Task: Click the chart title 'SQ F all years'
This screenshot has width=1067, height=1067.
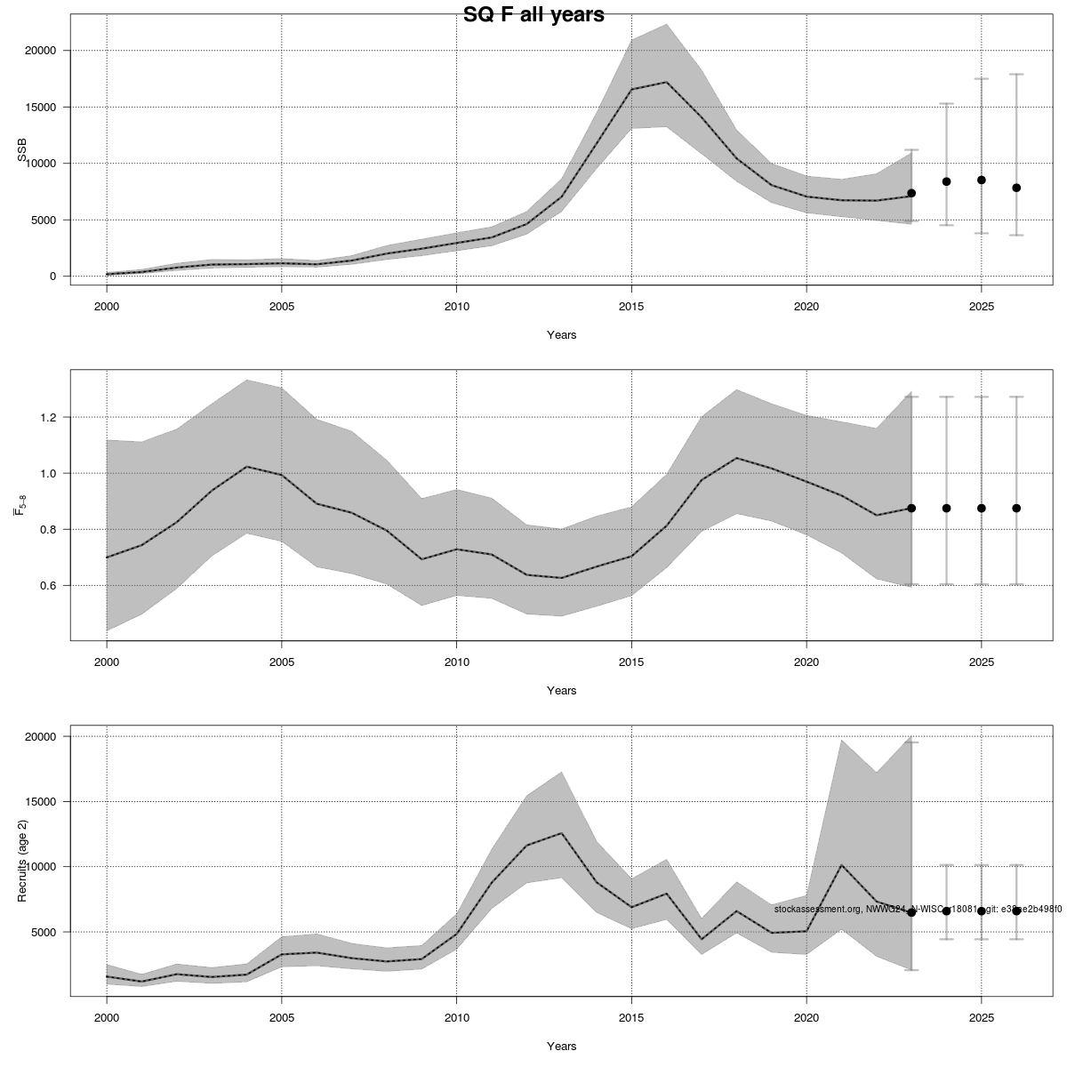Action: (x=533, y=14)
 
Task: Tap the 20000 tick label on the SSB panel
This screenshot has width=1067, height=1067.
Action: (x=41, y=52)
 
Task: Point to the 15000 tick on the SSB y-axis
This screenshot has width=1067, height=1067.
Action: (x=41, y=108)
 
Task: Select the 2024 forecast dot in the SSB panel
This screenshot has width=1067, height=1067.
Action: (x=946, y=181)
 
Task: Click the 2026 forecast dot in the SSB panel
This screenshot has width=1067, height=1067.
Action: (x=1016, y=188)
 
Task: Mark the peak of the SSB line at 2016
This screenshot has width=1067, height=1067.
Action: (x=666, y=83)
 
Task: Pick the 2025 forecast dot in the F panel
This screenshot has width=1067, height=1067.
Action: (x=982, y=508)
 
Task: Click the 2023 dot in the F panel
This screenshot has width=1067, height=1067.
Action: (x=911, y=508)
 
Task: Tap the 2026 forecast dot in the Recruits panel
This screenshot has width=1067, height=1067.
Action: (x=1016, y=911)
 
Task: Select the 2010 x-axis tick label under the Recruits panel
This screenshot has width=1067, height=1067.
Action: (x=456, y=1017)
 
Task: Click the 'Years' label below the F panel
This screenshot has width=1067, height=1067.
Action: (x=561, y=691)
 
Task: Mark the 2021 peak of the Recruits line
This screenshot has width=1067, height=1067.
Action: (x=841, y=864)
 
